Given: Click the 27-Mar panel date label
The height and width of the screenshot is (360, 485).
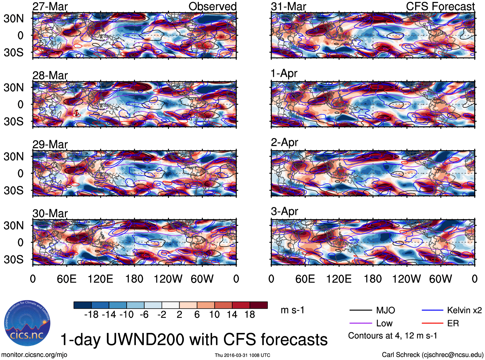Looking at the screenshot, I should [x=50, y=6].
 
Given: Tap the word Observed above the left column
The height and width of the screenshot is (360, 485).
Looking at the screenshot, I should [x=212, y=6].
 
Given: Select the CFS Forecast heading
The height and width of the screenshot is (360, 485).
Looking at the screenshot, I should [x=440, y=6].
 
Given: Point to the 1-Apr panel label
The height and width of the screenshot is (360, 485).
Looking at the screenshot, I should [x=284, y=74].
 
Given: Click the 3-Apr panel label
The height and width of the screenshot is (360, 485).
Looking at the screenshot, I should [x=284, y=211].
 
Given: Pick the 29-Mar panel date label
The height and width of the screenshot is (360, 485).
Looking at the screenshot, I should [x=50, y=145].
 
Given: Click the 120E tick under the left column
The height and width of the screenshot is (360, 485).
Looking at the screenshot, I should [x=100, y=279].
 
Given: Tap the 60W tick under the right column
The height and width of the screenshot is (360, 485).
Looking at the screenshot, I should [x=440, y=279].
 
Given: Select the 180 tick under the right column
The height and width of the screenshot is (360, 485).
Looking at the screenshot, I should [x=373, y=279].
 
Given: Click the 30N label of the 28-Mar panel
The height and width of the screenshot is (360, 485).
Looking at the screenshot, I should [x=14, y=87].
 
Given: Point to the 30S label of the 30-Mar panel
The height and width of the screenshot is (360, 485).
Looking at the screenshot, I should [x=14, y=259].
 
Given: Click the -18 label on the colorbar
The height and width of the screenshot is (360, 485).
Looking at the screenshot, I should [x=91, y=314].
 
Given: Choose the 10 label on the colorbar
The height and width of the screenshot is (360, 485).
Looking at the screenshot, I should [x=214, y=314].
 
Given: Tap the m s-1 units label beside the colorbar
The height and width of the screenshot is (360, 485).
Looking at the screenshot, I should [x=292, y=310].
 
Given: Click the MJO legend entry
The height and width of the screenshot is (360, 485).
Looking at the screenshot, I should [x=385, y=310].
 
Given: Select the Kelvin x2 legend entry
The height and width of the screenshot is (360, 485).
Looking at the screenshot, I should [x=464, y=310].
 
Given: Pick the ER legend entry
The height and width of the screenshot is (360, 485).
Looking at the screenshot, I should [x=453, y=323].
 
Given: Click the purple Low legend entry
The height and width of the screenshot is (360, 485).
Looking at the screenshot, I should [x=384, y=323].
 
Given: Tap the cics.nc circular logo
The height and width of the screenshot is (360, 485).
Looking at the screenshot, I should [x=27, y=323].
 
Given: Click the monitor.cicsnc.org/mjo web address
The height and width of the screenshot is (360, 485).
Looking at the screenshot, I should [x=34, y=355].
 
